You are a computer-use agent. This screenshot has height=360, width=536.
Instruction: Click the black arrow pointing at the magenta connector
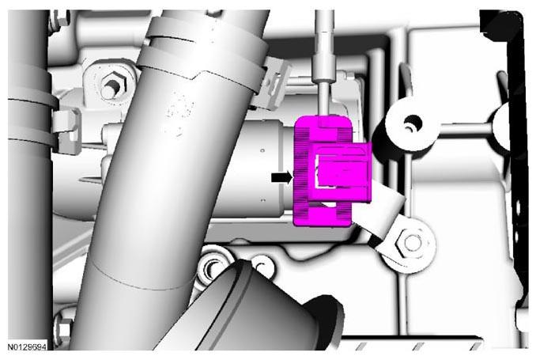tap(282, 177)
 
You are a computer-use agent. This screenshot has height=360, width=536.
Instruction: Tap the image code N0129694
tap(27, 347)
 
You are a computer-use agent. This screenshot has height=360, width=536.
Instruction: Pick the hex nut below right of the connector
tap(412, 243)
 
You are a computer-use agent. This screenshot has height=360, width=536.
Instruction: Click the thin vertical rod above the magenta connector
tap(322, 98)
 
